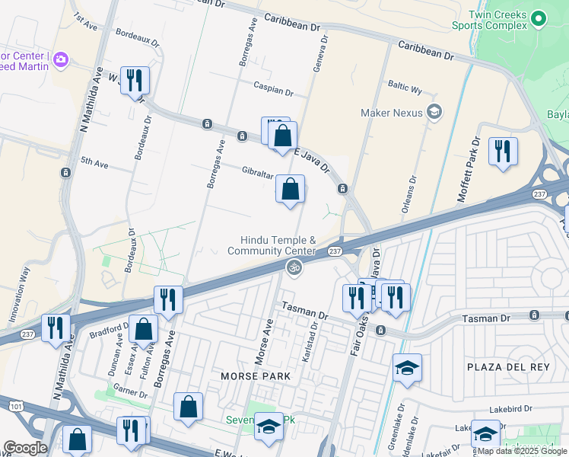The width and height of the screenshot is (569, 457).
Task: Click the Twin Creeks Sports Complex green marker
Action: click(539, 18)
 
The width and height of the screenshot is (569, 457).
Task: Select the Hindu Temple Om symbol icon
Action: click(293, 267)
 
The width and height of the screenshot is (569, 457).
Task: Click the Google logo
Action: click(25, 448)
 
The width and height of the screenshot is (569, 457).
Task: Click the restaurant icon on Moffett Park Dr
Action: click(503, 150)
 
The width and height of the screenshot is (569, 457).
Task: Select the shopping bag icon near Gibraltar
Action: click(290, 189)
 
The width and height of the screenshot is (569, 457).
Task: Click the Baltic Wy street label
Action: click(405, 89)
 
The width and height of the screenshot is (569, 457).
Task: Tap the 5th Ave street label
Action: click(95, 161)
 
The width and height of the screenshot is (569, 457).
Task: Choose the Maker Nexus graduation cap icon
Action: click(434, 113)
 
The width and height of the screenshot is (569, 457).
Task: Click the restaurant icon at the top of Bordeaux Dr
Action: click(135, 80)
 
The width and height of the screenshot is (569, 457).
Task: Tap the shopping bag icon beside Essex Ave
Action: click(143, 329)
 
